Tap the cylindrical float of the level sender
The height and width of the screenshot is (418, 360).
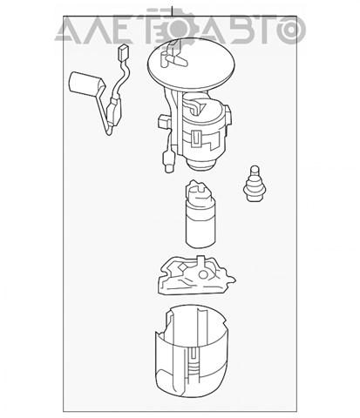[x=85, y=84]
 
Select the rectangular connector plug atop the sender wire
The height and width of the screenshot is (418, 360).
[x=123, y=52]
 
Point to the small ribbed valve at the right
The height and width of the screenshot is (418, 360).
[x=255, y=184]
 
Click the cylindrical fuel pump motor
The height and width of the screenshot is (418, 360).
[x=200, y=214]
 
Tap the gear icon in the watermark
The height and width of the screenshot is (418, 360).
[x=178, y=28]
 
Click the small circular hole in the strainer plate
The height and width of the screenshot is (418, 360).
[x=203, y=275]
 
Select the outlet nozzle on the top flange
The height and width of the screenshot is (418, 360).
[x=174, y=59]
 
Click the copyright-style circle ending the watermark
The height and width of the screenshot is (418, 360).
[x=291, y=29]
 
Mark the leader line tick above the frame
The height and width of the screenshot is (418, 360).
[x=173, y=11]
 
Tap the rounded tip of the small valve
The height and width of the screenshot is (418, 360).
[x=255, y=169]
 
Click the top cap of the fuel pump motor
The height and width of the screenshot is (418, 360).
[x=198, y=191]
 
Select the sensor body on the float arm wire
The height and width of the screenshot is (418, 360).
[x=114, y=111]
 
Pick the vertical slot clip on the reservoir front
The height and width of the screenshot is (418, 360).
[x=192, y=359]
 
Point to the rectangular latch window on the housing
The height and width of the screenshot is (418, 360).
[x=196, y=138]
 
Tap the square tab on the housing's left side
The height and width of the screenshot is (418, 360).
[x=163, y=122]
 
